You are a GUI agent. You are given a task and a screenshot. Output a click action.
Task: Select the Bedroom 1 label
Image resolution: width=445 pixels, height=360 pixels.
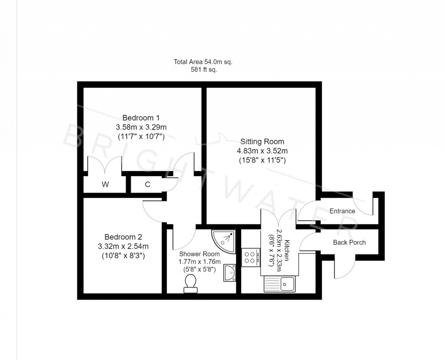tap(141, 117)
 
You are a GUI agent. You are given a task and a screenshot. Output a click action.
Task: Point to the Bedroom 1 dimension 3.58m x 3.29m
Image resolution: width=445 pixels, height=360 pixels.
tap(141, 127)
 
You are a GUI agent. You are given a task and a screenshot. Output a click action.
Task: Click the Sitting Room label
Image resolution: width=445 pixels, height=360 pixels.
tap(262, 141)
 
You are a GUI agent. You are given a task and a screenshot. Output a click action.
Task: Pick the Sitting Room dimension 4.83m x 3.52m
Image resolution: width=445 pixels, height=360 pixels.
tap(262, 151)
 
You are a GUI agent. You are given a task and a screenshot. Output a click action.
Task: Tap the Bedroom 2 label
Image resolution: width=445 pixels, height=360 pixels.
tap(123, 237)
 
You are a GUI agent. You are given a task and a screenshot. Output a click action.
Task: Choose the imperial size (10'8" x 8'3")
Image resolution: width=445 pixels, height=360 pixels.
tap(123, 256)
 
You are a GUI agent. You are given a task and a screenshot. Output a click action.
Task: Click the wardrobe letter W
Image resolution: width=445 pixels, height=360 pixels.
tap(105, 184)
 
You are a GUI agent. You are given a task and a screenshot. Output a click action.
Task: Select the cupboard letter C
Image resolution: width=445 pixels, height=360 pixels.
tap(147, 184)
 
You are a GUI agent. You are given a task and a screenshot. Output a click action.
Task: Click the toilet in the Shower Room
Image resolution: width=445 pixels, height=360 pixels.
tap(190, 285)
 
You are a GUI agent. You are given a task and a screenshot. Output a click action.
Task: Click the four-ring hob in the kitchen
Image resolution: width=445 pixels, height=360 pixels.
tap(250, 257)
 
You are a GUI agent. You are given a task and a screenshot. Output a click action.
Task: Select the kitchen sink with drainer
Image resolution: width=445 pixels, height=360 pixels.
tap(279, 284)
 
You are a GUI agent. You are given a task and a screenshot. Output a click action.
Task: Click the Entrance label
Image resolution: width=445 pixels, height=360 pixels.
tap(342, 211)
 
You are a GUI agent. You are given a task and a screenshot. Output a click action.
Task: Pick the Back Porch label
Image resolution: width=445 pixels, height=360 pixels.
tap(349, 242)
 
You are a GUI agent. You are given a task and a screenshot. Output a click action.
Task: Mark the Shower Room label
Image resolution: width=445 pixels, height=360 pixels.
tap(199, 254)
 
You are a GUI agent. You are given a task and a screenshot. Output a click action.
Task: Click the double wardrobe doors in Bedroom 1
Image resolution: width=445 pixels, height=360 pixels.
tap(105, 165)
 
